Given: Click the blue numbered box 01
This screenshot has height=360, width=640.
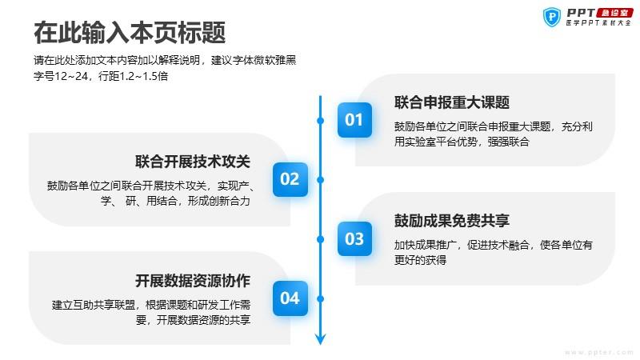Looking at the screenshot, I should [x=354, y=120].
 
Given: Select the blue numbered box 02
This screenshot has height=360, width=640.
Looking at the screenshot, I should [x=290, y=179].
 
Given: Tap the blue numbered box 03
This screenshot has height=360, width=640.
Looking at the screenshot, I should [x=354, y=238].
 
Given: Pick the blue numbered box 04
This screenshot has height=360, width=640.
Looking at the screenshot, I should [x=290, y=298].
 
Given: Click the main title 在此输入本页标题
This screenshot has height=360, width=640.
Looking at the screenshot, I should [x=130, y=33].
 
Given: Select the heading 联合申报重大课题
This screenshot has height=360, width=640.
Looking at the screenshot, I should [x=452, y=102].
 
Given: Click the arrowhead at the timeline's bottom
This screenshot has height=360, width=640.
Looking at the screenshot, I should [x=321, y=338].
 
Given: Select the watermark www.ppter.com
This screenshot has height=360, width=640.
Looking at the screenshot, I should [x=598, y=351].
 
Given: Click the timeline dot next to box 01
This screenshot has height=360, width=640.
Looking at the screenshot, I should [x=321, y=120].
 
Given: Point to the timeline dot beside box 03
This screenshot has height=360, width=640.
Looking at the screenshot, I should [x=321, y=238].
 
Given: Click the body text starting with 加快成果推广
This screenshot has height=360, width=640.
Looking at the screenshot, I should [x=493, y=252].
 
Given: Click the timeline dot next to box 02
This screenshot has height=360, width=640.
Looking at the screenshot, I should [x=321, y=179].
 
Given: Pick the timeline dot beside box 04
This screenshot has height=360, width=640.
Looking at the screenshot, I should [x=321, y=298].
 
